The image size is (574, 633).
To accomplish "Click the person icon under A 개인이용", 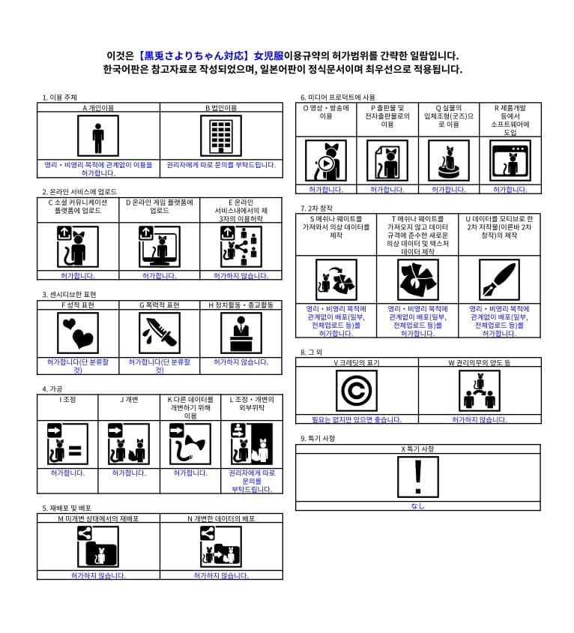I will [98, 136].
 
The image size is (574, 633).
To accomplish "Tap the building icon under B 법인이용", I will [220, 136].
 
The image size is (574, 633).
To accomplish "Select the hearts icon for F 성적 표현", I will [78, 333].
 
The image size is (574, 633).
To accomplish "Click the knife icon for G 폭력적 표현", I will [160, 333].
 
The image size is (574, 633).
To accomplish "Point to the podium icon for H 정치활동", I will [241, 333].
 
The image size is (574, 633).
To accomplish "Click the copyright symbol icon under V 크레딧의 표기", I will [356, 391].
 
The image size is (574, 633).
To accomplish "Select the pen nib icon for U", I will [498, 280].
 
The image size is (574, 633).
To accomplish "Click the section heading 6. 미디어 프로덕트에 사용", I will [338, 97].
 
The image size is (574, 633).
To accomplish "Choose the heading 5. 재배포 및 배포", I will [67, 508].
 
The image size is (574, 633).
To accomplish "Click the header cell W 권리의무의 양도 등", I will [479, 362].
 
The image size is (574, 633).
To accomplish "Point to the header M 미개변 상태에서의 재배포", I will [98, 518].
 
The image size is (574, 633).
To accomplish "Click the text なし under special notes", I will [417, 505].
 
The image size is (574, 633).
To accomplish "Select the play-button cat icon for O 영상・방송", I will [325, 160].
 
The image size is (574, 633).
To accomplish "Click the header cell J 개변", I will [128, 399].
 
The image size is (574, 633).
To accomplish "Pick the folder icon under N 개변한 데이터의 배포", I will [220, 547].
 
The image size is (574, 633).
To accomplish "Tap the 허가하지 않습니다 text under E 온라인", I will [241, 276].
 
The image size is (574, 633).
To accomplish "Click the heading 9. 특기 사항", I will [318, 438].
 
